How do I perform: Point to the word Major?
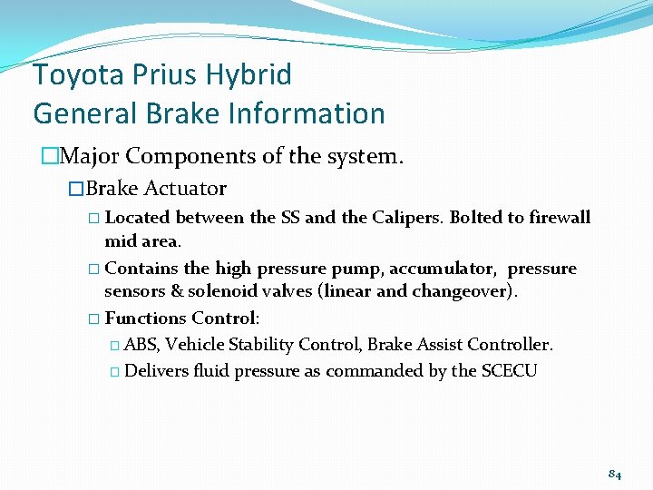[x=91, y=156]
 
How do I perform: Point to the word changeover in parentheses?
[x=460, y=291]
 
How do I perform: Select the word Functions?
[x=146, y=318]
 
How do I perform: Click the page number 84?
[x=614, y=473]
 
